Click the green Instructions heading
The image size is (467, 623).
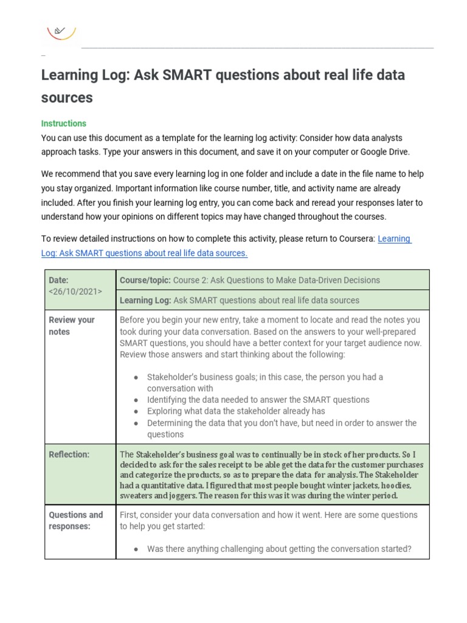tap(64, 124)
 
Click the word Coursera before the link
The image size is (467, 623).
tap(356, 238)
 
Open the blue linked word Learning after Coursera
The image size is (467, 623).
tap(394, 238)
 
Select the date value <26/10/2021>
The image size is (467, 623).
tap(75, 291)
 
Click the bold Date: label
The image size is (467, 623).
tap(58, 280)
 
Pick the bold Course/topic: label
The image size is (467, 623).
tap(145, 280)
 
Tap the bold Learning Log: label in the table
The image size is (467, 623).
tap(145, 300)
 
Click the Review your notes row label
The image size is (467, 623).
tap(72, 325)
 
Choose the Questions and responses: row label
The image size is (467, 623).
tap(75, 520)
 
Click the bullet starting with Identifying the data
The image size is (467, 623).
tap(258, 400)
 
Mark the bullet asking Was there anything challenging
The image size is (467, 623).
tap(279, 549)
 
